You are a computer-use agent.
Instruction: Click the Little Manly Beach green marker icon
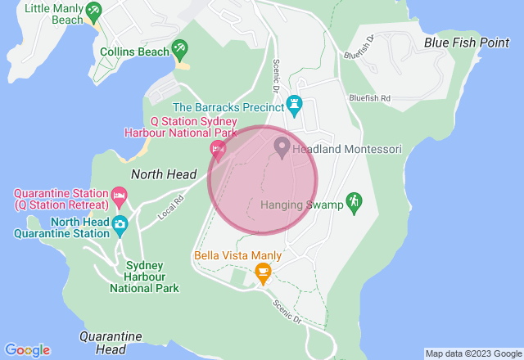tap(93, 11)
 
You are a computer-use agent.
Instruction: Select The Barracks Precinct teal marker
tap(295, 106)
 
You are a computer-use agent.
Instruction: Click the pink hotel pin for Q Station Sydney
tap(218, 149)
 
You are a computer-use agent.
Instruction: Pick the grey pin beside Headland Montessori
tap(282, 148)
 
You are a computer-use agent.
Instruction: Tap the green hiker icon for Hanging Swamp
tap(354, 200)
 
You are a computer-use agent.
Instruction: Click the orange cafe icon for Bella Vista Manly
tap(263, 272)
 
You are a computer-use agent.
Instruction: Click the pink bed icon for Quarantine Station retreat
tap(119, 196)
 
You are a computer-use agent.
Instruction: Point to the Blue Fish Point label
tap(467, 43)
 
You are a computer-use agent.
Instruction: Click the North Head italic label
tap(164, 174)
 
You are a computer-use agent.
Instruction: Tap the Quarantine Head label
tap(111, 343)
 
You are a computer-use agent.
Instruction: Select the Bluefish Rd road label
tap(369, 98)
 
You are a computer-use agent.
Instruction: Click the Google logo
tap(27, 350)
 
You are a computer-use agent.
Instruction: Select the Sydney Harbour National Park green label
tap(144, 277)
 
